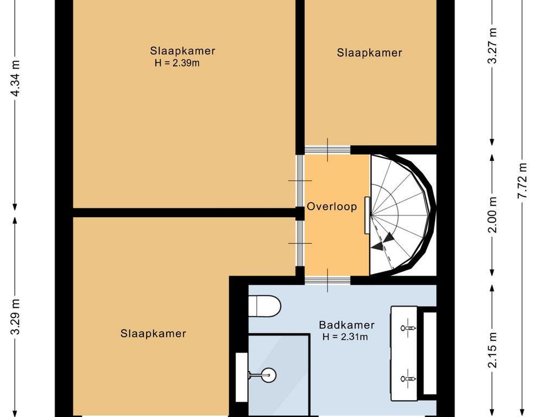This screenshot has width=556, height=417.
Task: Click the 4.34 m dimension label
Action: tap(15, 78)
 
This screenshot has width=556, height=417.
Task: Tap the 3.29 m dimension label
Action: tap(15, 317)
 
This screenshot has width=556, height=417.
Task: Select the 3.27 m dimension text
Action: tap(492, 46)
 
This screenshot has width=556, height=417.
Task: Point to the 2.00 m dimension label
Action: tap(492, 215)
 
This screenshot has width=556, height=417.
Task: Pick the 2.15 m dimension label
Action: tap(492, 350)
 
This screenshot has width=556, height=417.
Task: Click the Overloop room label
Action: tap(332, 207)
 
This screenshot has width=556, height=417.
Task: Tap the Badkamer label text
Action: tap(347, 325)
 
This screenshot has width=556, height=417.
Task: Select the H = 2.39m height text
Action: tap(177, 63)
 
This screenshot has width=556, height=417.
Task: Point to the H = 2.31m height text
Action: tap(345, 337)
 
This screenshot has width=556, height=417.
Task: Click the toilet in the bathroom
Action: tap(264, 306)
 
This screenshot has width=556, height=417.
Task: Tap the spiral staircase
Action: tap(402, 215)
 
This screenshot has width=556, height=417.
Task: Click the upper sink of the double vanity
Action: tap(408, 328)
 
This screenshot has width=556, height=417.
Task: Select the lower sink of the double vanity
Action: tap(408, 378)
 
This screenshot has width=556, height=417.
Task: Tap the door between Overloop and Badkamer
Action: tap(327, 280)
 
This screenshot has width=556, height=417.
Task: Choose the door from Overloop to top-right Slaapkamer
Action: tap(327, 150)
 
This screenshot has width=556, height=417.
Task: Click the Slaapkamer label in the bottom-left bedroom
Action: tap(153, 334)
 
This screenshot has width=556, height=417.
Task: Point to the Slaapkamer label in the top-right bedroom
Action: tap(369, 53)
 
